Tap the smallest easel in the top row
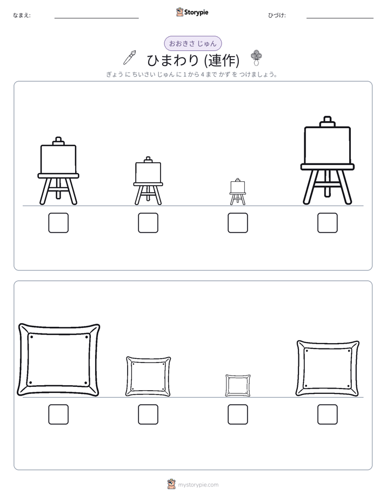[237, 192]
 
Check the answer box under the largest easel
[328, 223]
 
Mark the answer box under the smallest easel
[237, 223]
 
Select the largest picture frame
[21, 360]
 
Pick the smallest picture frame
[227, 385]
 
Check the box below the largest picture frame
[58, 415]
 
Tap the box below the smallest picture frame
[237, 415]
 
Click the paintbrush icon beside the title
[130, 58]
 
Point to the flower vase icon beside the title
[256, 58]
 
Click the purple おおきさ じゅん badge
[192, 44]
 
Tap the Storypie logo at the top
[192, 12]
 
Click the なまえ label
[22, 15]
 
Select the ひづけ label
[277, 15]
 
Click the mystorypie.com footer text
[198, 485]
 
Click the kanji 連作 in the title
[223, 60]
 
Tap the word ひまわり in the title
[173, 60]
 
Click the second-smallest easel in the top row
[148, 181]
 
